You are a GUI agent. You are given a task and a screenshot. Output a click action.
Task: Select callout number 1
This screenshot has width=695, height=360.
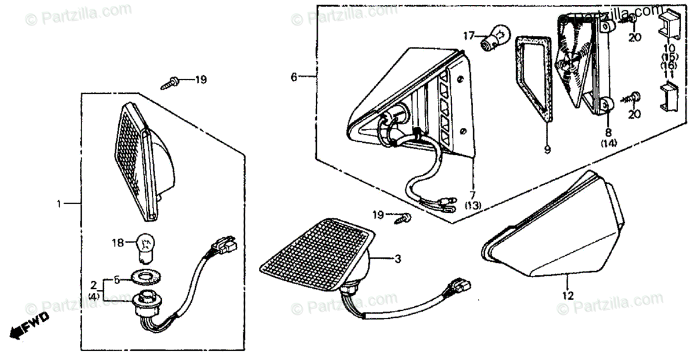point(58,203)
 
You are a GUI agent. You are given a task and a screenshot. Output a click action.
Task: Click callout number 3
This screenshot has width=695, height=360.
point(397,259)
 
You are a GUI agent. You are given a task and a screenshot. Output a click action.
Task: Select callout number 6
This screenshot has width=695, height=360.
point(294,76)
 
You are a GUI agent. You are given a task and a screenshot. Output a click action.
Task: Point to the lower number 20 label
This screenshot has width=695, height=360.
point(635,114)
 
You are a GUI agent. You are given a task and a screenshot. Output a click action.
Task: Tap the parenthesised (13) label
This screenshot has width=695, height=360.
point(472,206)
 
